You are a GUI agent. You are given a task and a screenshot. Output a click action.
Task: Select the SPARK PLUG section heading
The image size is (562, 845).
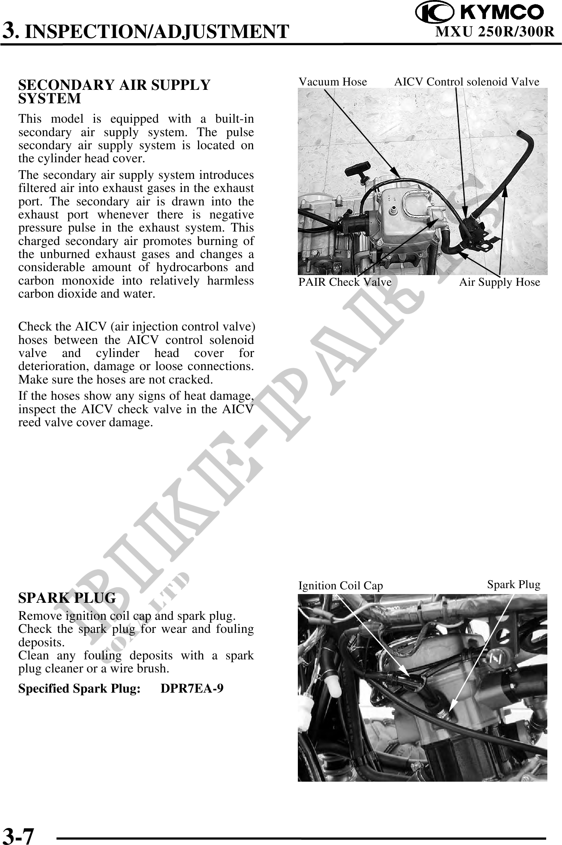(67, 598)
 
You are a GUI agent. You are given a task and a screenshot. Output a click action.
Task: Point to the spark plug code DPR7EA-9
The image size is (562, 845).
(192, 688)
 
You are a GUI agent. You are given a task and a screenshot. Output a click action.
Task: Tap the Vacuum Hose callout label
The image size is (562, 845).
(333, 82)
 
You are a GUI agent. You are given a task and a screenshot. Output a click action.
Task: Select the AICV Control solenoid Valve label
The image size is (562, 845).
(467, 82)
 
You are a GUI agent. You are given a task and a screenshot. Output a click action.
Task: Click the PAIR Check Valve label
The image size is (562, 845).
(345, 282)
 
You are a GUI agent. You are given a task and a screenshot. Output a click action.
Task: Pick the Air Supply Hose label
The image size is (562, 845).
(499, 282)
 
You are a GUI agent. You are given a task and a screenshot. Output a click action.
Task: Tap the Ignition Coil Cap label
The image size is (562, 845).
(341, 586)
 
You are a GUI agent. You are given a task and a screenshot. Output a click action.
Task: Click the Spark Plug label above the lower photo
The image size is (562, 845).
(514, 585)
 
